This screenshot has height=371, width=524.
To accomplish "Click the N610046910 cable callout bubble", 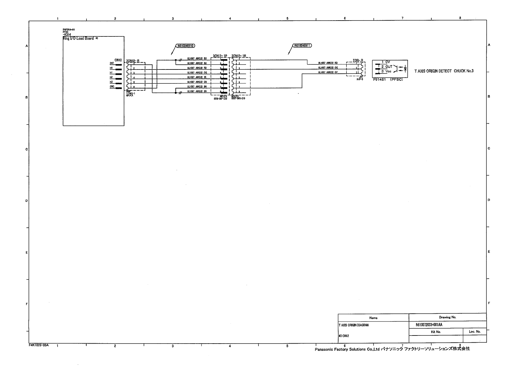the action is point(185,46).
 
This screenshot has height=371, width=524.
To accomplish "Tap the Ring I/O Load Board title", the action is point(78,39).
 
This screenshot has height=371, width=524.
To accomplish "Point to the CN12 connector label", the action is point(118,60).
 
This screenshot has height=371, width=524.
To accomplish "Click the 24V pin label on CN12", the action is point(112,63).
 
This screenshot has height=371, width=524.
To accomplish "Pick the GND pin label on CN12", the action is point(112,87).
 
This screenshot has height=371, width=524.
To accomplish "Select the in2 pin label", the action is point(111,77).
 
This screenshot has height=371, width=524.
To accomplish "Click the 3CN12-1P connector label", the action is point(220,56).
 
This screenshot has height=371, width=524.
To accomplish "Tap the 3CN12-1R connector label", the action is point(239,56).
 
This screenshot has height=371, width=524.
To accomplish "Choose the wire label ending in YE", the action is point(197,77).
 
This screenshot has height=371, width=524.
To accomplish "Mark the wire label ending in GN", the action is point(197,82).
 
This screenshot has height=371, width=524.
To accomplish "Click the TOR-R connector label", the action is point(358,60).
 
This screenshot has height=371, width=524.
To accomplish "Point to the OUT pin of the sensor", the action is point(389,67).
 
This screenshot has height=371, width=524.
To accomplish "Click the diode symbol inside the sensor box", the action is point(405,68).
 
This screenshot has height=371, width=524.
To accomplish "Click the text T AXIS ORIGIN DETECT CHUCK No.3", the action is point(444,71).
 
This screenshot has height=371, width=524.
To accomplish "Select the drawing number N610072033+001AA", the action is point(429,325).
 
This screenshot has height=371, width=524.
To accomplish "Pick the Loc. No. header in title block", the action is point(475,332).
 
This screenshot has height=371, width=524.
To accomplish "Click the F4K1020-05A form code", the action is point(37,345).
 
